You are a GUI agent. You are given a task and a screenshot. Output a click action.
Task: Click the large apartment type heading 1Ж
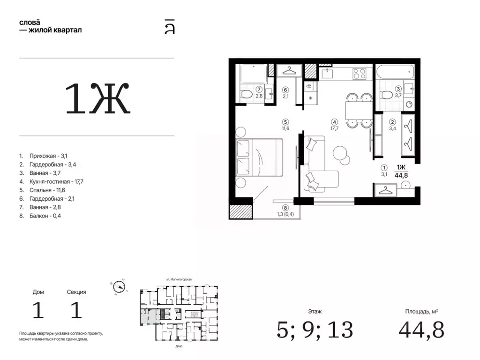[98, 98]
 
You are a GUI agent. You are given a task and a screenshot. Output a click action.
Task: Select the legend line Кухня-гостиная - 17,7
[56, 181]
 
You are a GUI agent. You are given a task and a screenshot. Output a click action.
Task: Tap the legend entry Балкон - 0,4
[45, 216]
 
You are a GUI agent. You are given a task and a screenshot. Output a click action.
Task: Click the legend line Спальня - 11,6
[47, 190]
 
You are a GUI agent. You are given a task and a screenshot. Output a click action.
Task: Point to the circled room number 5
[285, 122]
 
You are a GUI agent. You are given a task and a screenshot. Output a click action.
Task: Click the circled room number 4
[335, 122]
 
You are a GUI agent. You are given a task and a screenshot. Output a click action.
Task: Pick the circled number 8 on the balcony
[285, 208]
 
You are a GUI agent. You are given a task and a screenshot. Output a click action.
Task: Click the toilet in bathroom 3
[387, 95]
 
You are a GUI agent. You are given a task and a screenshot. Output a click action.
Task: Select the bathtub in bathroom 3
[395, 72]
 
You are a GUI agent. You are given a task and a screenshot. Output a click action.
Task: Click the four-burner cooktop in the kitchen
[359, 74]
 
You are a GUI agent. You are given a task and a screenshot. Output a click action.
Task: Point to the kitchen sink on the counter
[327, 74]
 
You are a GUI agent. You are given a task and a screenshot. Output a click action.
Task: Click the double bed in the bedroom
[259, 157]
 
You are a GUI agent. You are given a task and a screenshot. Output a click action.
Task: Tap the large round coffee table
[340, 152]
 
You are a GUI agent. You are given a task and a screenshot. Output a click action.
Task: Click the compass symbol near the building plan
[119, 287]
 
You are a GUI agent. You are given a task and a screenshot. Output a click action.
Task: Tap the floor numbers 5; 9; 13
[315, 330]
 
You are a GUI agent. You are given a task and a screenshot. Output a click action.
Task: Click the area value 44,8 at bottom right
[421, 330]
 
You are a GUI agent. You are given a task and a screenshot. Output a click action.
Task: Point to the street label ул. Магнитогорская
[179, 279]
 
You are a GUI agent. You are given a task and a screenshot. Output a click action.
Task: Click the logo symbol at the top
[170, 27]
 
